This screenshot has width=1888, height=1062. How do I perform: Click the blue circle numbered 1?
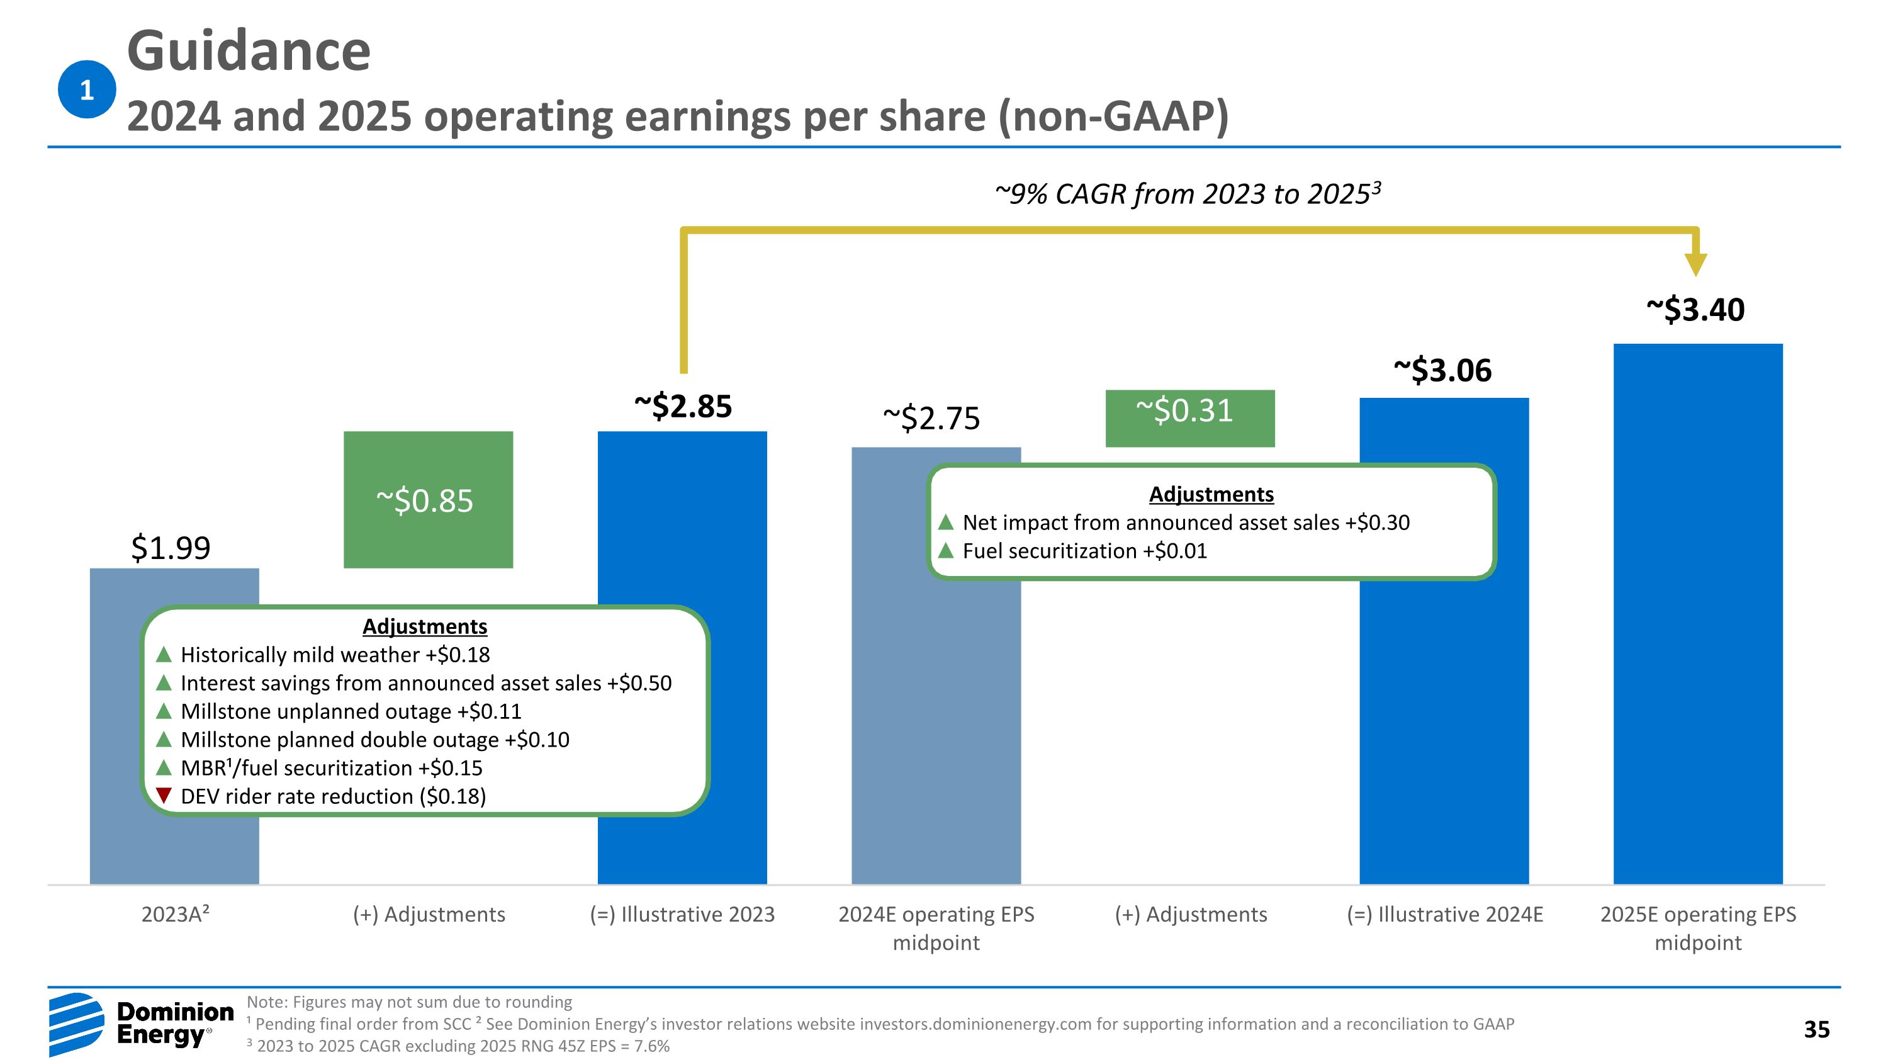[x=86, y=89]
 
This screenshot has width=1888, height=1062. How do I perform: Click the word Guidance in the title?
[x=249, y=51]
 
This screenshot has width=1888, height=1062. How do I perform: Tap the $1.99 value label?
[x=171, y=548]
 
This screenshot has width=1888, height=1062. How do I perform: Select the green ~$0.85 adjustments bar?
[x=428, y=499]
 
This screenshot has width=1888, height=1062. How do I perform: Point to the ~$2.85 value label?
[x=682, y=406]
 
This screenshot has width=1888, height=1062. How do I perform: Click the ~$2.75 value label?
[x=931, y=418]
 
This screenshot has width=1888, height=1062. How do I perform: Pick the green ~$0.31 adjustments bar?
[x=1189, y=418]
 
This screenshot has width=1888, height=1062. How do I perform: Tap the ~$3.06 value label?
[x=1442, y=370]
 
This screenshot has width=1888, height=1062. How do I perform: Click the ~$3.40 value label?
[x=1695, y=309]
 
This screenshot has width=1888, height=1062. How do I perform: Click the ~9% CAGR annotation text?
[x=1188, y=193]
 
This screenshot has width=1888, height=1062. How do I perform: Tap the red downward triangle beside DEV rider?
[x=164, y=794]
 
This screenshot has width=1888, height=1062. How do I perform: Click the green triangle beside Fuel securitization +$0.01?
[x=945, y=550]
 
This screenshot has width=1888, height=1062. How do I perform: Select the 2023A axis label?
[x=175, y=914]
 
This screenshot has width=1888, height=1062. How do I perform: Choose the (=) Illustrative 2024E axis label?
[x=1444, y=914]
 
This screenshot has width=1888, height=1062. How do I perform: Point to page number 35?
[x=1816, y=1029]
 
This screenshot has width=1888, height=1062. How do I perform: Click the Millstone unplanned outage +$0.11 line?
[x=351, y=711]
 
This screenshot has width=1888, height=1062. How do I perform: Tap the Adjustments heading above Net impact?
[x=1211, y=494]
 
